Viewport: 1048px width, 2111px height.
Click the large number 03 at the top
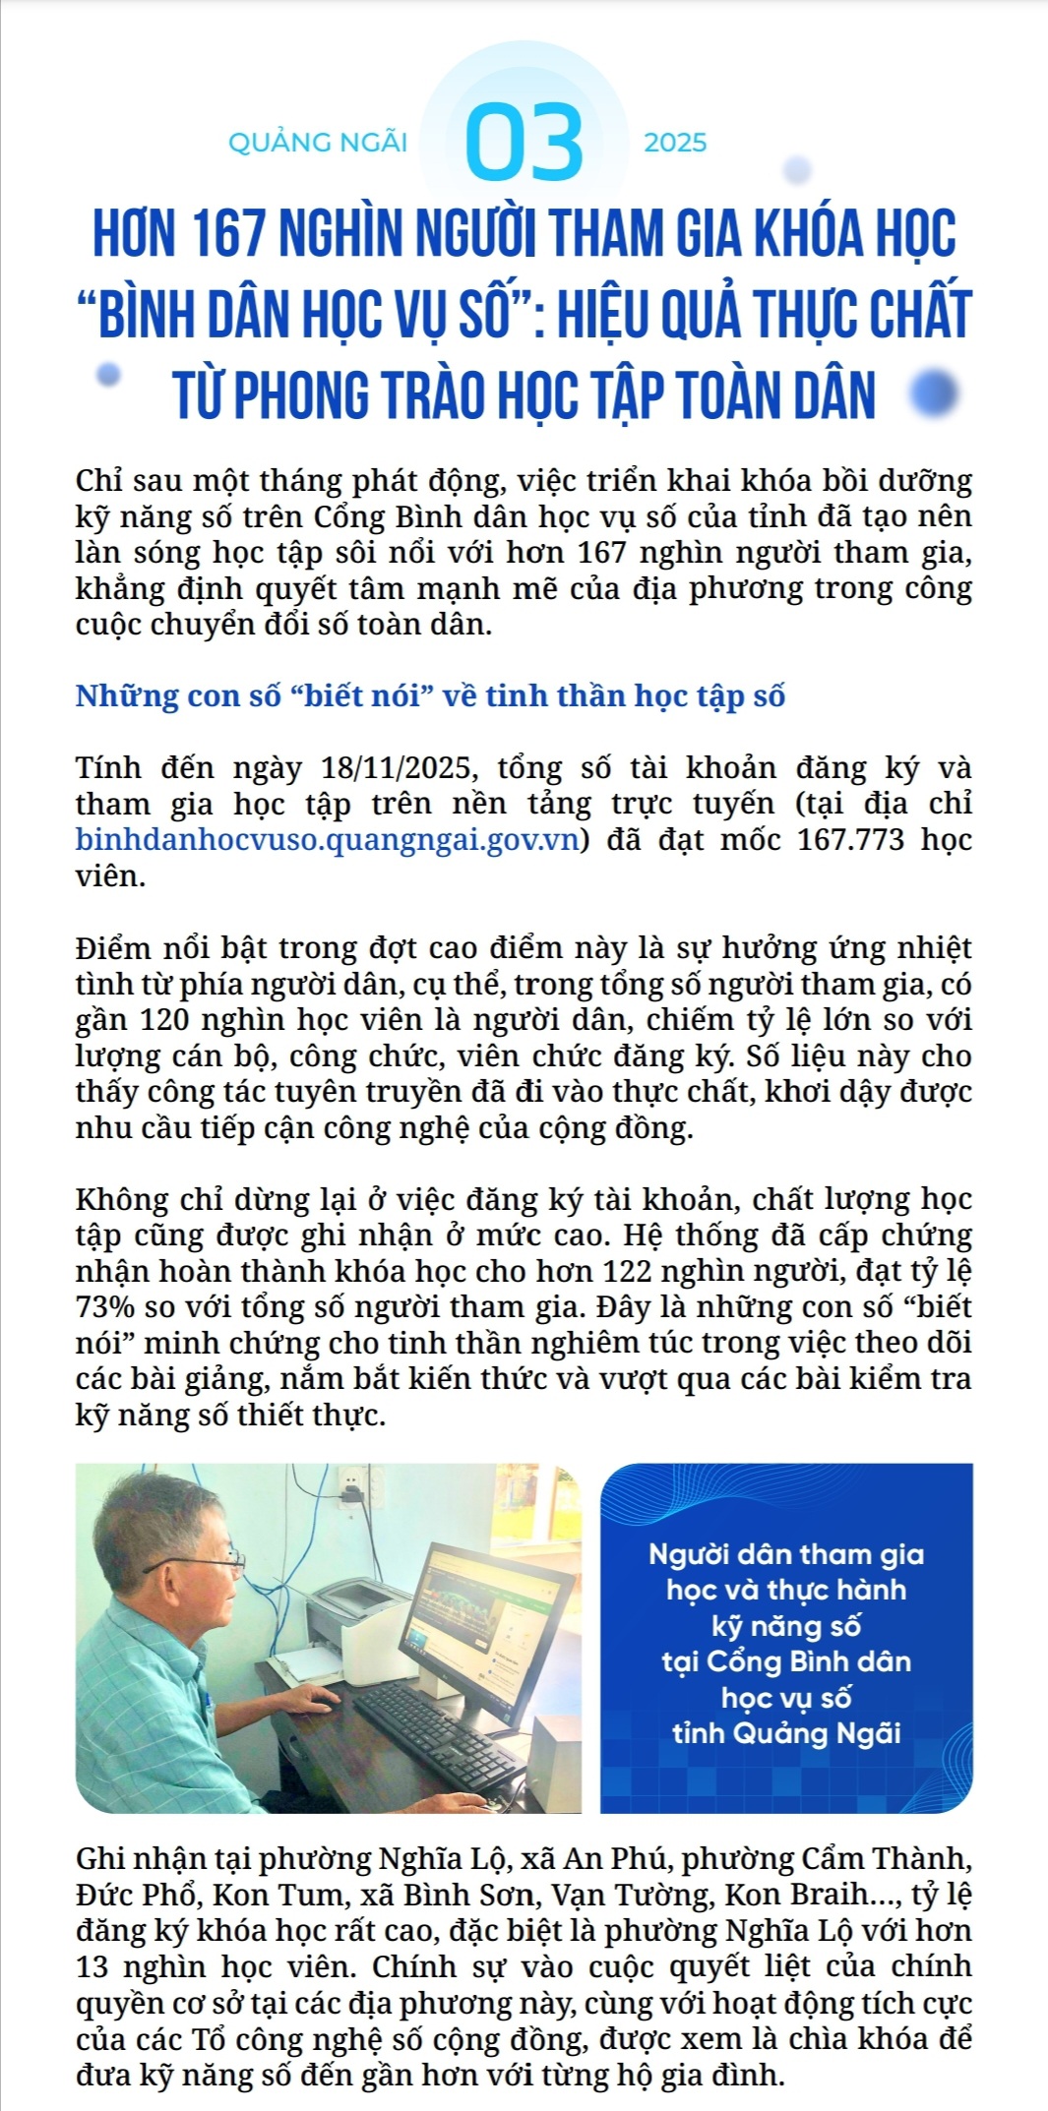pyautogui.click(x=524, y=144)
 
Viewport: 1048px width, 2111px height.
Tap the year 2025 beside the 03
pyautogui.click(x=675, y=143)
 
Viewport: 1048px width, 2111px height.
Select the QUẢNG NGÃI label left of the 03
pyautogui.click(x=317, y=143)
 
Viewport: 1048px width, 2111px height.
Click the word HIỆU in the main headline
pyautogui.click(x=601, y=315)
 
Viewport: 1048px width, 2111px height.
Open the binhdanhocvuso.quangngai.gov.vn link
pyautogui.click(x=327, y=840)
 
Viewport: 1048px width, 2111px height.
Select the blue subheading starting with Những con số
pyautogui.click(x=430, y=695)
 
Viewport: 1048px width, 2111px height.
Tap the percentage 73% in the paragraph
pyautogui.click(x=105, y=1307)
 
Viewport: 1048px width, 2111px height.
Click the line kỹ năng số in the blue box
pyautogui.click(x=785, y=1626)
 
